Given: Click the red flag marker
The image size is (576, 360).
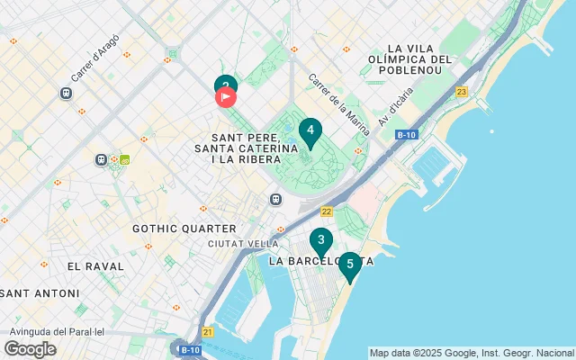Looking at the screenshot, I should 226,96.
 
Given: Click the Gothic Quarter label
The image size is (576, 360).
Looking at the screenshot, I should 184,229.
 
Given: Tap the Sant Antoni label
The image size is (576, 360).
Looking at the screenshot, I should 41,293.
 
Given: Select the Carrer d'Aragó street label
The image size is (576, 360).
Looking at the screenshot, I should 95,58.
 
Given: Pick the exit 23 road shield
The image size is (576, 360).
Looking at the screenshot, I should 462,92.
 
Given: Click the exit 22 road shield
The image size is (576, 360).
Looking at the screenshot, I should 326,211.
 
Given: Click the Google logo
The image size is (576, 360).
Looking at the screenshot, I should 30,349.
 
